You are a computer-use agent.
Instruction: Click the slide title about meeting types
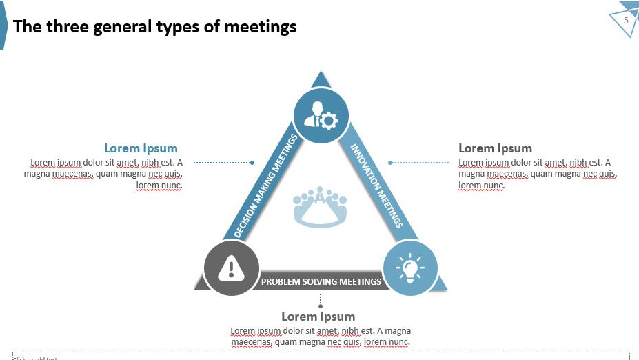pos(155,27)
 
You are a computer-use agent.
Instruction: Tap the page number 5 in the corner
pos(626,21)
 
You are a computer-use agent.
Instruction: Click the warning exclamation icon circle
pos(232,268)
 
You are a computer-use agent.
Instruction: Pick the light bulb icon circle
pos(410,268)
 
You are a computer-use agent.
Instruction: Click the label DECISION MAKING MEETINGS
pos(266,187)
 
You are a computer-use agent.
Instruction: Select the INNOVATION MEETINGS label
pos(376,185)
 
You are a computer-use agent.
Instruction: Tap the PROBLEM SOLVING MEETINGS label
pos(321,281)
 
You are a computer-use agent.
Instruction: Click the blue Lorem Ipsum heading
pos(141,148)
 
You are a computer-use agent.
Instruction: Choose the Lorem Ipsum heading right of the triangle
pos(495,148)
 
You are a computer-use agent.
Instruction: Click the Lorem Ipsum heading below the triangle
pos(318,317)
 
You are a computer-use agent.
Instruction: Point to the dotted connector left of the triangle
pos(223,163)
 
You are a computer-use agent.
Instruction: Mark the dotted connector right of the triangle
pos(418,163)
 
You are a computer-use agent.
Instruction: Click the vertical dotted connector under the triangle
pos(321,301)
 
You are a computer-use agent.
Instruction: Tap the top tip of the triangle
pos(320,75)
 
